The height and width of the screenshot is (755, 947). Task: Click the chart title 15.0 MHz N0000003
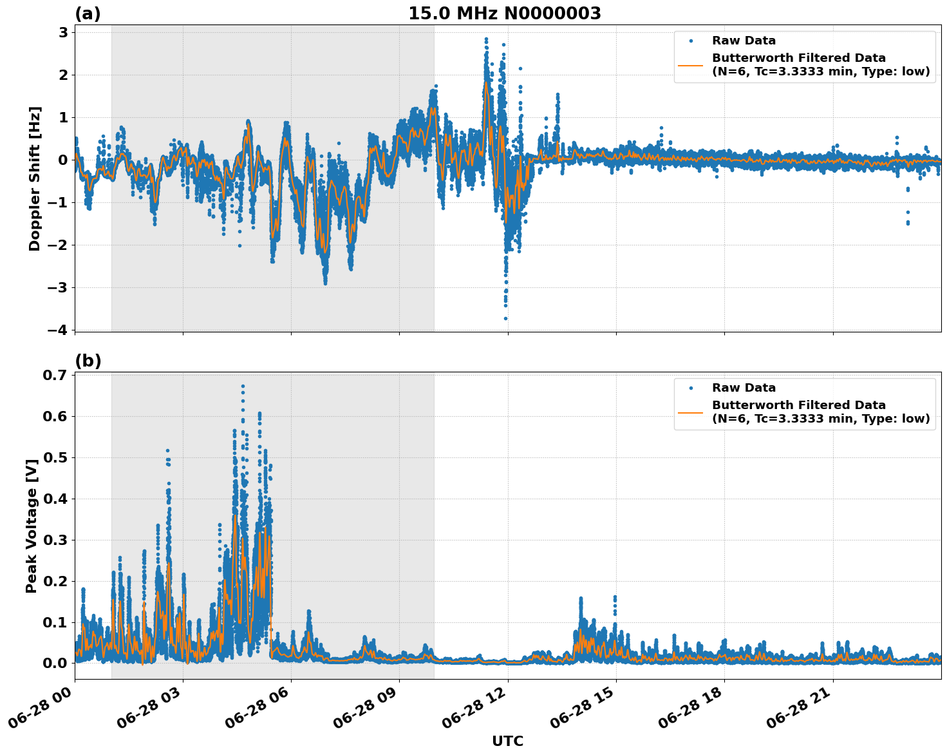pyautogui.click(x=504, y=14)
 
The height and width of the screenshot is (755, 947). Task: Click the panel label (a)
pyautogui.click(x=88, y=14)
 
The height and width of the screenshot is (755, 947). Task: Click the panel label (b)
pyautogui.click(x=88, y=361)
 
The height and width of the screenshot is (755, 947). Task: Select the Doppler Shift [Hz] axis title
pyautogui.click(x=35, y=178)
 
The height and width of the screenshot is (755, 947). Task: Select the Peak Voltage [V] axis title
pyautogui.click(x=32, y=526)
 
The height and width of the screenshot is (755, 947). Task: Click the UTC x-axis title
pyautogui.click(x=507, y=741)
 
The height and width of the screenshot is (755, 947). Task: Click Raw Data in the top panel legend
pyautogui.click(x=744, y=41)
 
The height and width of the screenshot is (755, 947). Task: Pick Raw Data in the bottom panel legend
pyautogui.click(x=744, y=388)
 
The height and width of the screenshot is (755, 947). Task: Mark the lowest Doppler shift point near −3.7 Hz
pyautogui.click(x=505, y=318)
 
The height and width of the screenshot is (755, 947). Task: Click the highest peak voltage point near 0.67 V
pyautogui.click(x=243, y=387)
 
